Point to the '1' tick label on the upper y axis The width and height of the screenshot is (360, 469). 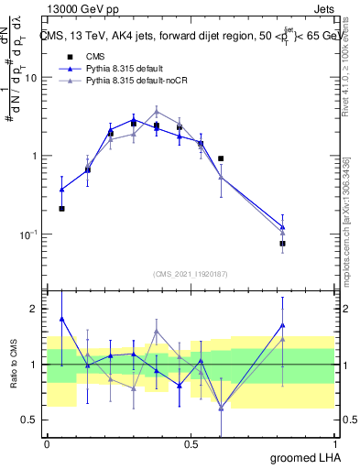(35, 156)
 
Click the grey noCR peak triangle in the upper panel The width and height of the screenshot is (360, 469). (157, 111)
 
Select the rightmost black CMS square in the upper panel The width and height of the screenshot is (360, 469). (283, 244)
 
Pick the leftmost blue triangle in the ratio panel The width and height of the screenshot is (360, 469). (62, 319)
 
